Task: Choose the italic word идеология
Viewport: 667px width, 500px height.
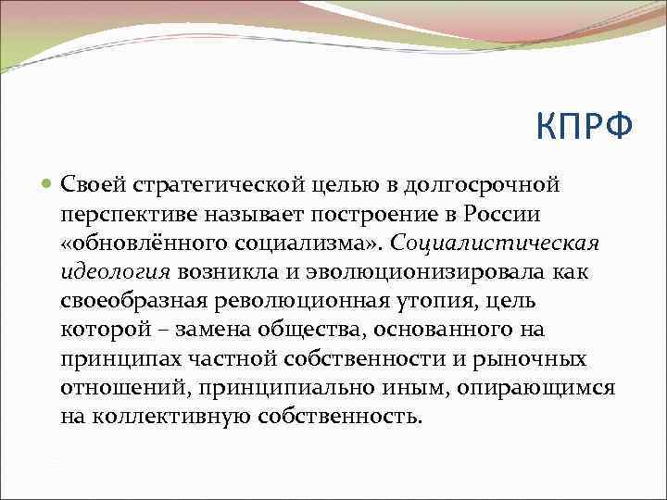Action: (x=116, y=271)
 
